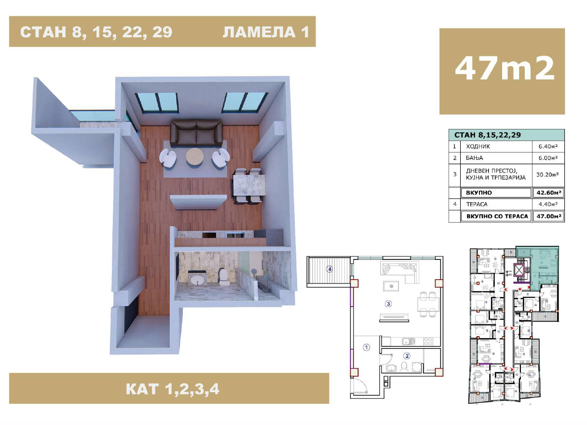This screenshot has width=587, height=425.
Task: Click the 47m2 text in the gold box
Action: [504, 69]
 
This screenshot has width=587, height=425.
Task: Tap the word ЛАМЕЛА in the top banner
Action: [259, 32]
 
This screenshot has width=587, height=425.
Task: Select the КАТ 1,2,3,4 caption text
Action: [172, 389]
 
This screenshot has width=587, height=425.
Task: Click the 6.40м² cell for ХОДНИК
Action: [548, 146]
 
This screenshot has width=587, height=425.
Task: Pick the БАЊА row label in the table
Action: [474, 158]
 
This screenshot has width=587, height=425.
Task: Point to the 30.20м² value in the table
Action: [548, 174]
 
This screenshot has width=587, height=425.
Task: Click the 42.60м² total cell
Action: [548, 193]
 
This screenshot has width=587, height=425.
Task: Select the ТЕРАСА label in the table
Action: [477, 204]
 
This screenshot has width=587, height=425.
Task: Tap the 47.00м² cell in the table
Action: [548, 216]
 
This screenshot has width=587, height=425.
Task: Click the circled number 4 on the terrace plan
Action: [329, 269]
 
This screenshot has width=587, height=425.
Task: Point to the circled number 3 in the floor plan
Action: [388, 304]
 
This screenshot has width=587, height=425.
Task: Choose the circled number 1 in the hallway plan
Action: [367, 347]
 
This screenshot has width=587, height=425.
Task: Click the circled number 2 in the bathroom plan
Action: [407, 356]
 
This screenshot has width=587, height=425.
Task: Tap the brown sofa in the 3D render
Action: [196, 133]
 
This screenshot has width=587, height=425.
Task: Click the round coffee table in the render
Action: [195, 157]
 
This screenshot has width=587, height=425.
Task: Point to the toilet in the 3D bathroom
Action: [224, 277]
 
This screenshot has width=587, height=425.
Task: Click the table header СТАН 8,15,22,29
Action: [488, 135]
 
